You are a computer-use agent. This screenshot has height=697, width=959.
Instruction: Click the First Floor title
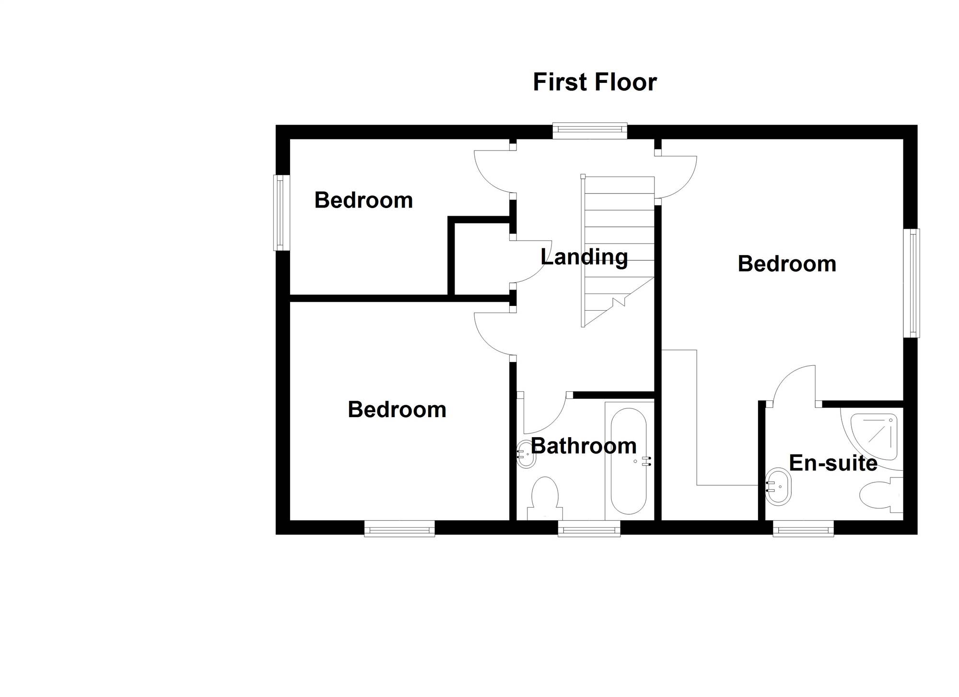595,82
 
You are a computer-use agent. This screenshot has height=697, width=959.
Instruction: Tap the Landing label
584,257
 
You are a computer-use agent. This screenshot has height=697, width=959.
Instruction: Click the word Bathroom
584,446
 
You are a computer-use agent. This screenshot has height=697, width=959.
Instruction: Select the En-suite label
833,463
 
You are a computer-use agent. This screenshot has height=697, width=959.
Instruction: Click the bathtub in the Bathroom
629,461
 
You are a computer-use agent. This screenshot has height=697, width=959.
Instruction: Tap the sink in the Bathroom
526,454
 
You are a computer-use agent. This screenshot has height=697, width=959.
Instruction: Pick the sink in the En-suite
778,487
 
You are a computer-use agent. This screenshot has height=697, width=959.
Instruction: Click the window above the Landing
590,131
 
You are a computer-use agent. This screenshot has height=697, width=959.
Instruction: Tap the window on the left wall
281,212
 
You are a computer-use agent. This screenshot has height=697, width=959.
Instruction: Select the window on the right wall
912,283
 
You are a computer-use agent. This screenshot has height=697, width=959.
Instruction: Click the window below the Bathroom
589,529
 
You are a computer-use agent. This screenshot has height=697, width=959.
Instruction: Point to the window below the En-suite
803,529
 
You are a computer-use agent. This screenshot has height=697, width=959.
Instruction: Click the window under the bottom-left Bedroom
399,529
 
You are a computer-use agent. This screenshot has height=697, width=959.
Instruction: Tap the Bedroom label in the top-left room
363,200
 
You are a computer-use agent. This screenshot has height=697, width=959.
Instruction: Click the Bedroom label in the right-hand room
787,264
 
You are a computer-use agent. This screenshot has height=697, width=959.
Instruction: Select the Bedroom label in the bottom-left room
397,410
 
